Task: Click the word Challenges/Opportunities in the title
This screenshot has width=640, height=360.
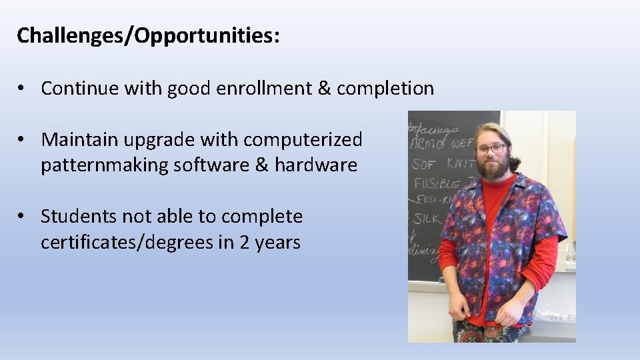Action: [x=144, y=36]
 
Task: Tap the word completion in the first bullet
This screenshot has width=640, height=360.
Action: [x=385, y=88]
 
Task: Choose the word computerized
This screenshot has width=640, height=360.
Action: [x=303, y=139]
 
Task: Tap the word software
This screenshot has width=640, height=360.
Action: [x=211, y=165]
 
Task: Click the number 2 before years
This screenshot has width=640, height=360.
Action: [x=244, y=242]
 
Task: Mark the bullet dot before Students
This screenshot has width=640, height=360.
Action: [x=23, y=217]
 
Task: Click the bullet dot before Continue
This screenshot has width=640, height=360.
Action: [x=23, y=89]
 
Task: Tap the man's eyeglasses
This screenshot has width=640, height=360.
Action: [x=491, y=149]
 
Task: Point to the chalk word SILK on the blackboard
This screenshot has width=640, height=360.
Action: [x=427, y=217]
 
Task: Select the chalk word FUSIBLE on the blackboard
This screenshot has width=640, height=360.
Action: [x=437, y=182]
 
